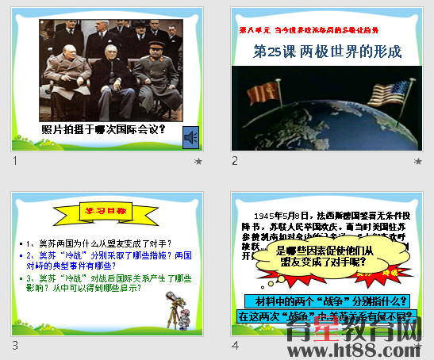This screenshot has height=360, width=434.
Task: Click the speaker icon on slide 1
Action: [190, 136]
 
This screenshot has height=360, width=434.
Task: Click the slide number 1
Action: [15, 161]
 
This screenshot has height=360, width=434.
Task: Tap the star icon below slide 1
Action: [198, 161]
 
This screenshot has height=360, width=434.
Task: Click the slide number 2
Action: [235, 161]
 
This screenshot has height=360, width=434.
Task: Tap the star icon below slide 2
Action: [417, 161]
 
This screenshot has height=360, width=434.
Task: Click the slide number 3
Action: [15, 345]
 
